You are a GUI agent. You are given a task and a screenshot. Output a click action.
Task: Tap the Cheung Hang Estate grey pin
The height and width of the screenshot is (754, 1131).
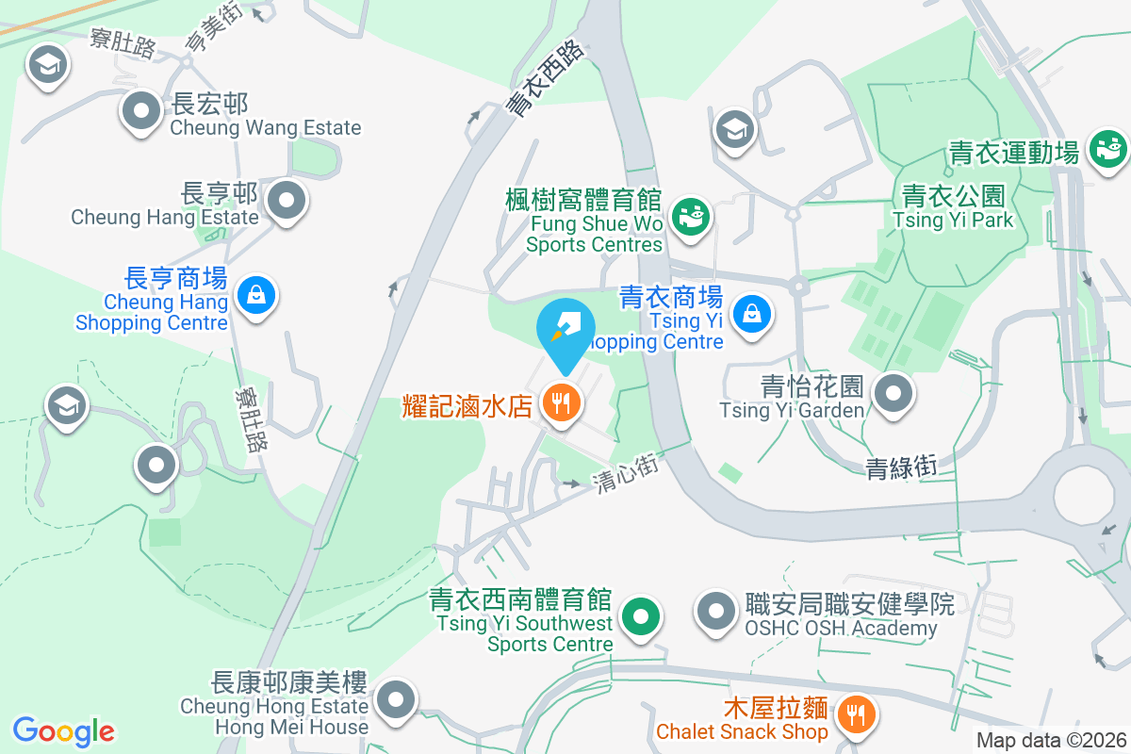click(x=287, y=201)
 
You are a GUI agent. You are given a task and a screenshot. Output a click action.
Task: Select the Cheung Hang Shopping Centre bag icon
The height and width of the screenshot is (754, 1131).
click(x=256, y=296)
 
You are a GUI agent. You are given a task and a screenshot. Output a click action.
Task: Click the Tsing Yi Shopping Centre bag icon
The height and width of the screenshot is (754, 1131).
click(x=752, y=313)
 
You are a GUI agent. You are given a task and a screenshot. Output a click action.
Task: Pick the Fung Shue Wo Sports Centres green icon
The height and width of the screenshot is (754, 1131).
click(x=691, y=216)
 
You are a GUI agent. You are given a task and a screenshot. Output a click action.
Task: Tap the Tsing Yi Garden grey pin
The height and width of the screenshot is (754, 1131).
click(x=893, y=393)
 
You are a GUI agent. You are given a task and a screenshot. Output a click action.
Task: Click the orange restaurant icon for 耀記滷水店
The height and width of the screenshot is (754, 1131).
click(x=562, y=404)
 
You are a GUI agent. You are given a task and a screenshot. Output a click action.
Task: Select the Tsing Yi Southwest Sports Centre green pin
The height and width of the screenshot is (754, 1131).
click(x=642, y=618)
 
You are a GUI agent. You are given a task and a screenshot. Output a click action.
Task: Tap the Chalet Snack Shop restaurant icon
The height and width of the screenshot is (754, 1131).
click(x=856, y=713)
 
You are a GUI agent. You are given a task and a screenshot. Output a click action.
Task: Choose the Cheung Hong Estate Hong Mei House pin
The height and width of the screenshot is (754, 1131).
click(x=395, y=700)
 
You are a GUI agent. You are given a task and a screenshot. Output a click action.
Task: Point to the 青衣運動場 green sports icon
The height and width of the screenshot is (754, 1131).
click(x=1107, y=149)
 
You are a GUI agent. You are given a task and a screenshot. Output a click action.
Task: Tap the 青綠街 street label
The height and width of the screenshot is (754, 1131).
click(x=900, y=466)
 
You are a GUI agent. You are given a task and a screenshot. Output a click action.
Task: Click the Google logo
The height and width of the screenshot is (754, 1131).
click(x=64, y=731)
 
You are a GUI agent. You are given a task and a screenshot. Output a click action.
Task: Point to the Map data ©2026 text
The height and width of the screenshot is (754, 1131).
click(x=1050, y=740)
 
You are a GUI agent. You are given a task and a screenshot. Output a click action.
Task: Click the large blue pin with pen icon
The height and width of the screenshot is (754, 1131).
click(x=565, y=330)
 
